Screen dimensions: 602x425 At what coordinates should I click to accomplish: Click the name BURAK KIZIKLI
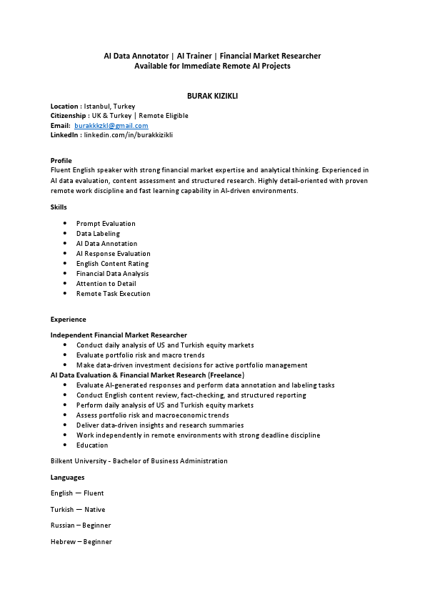point(212,95)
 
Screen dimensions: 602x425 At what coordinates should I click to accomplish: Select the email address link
point(111,125)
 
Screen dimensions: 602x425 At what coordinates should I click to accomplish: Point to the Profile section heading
point(61,160)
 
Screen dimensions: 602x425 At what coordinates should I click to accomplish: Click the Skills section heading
point(59,207)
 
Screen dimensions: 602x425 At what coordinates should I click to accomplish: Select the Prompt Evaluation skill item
point(106,223)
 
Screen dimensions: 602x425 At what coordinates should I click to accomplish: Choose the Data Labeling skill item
point(98,233)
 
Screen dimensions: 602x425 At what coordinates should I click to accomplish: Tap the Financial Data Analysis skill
point(112,273)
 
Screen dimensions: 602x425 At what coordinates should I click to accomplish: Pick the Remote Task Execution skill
point(113,293)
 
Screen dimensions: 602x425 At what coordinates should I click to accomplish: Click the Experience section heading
point(68,320)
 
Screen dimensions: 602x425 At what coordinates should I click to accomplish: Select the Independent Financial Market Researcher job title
point(119,335)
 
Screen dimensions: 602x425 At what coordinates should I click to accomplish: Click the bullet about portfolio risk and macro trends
point(140,355)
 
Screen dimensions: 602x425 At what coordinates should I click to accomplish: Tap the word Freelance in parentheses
point(226,375)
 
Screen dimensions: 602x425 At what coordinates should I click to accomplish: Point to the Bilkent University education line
point(139,461)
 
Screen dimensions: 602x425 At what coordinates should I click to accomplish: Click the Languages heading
point(67,477)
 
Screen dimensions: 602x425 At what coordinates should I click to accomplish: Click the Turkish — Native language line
point(77,509)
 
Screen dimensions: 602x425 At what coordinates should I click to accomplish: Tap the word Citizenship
point(69,115)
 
